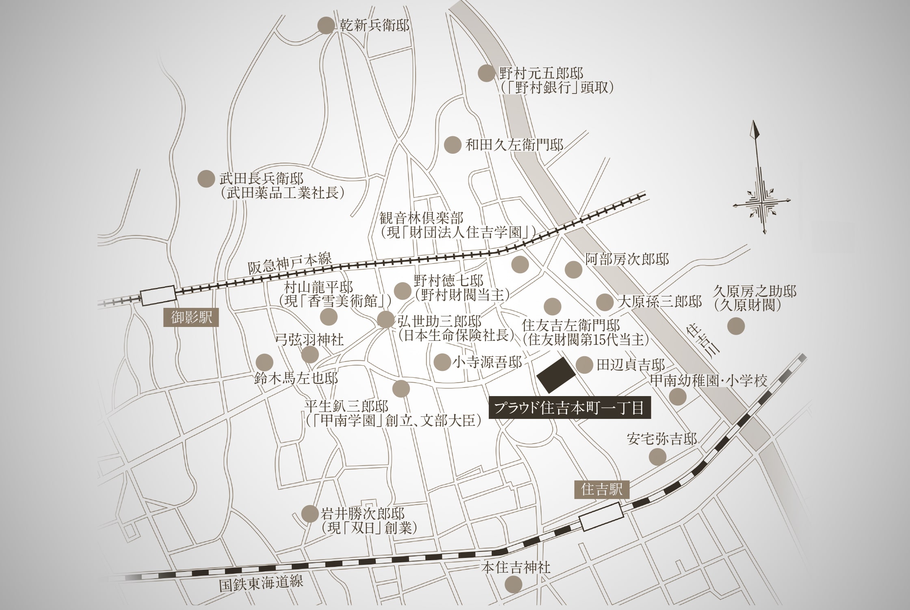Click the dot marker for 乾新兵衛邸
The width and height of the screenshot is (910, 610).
click(325, 26)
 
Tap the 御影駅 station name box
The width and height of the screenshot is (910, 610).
click(191, 318)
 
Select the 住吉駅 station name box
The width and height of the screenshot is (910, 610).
click(602, 489)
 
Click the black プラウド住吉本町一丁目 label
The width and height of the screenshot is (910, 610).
click(570, 408)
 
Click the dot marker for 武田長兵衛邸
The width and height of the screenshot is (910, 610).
click(206, 179)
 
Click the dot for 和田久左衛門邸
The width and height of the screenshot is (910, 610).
click(452, 145)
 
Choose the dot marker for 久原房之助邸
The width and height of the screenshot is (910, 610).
click(736, 326)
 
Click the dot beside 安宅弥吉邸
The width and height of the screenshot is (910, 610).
click(657, 457)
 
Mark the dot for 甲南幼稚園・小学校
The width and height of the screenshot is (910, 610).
click(678, 396)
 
